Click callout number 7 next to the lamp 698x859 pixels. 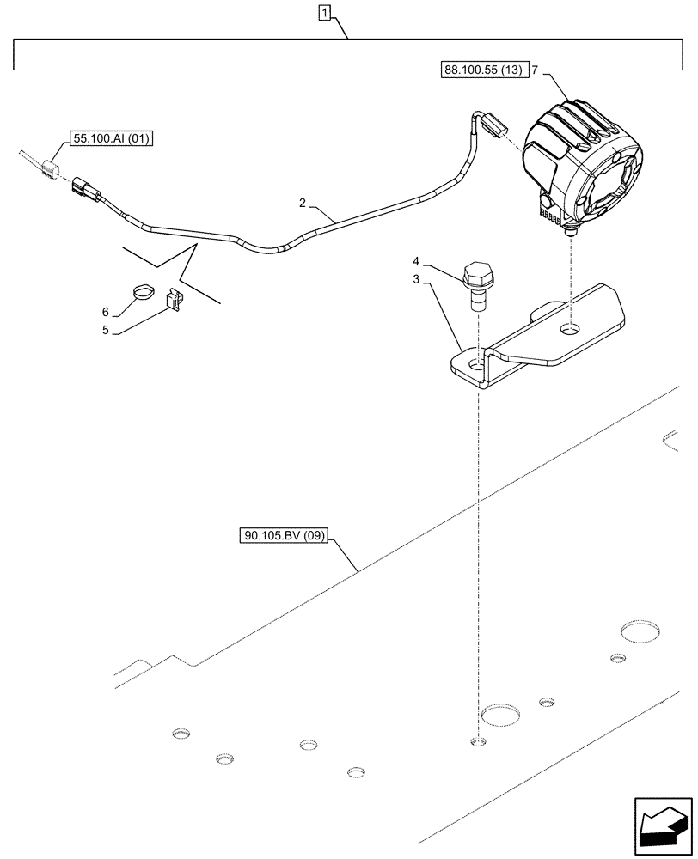[x=535, y=72]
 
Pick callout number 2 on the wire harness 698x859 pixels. [x=303, y=203]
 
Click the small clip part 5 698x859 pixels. [x=175, y=300]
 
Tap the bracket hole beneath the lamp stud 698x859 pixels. [x=569, y=330]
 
